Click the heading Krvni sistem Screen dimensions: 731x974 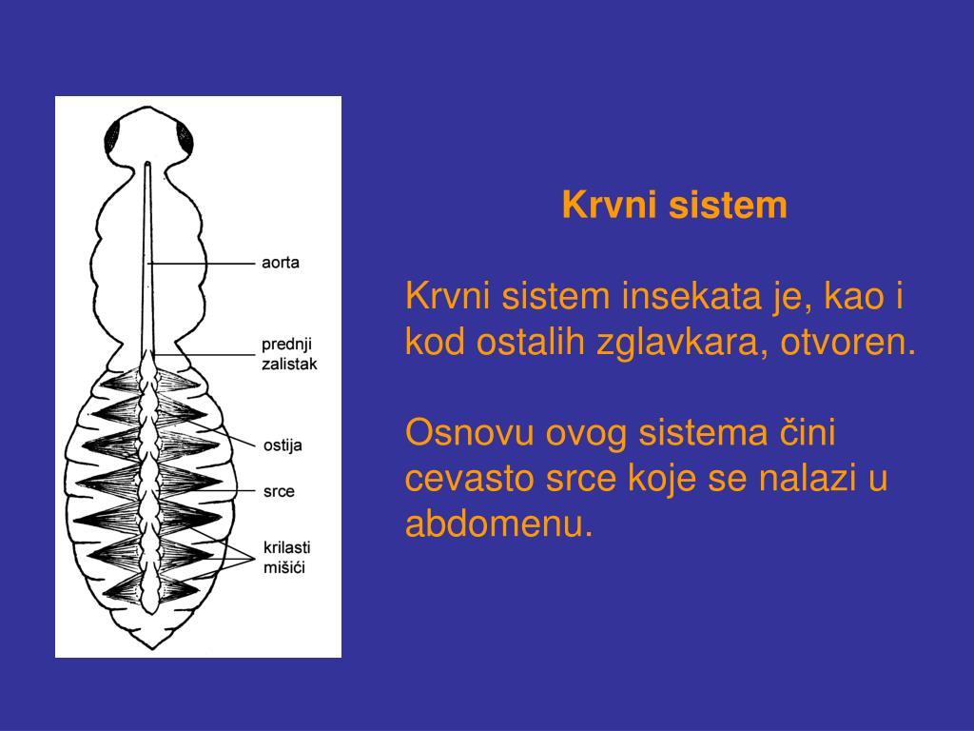click(674, 205)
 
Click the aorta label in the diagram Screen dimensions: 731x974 click(281, 262)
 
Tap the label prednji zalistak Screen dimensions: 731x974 click(289, 353)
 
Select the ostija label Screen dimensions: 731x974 click(282, 445)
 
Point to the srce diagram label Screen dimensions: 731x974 click(279, 491)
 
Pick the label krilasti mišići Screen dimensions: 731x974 click(286, 557)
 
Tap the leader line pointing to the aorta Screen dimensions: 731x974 click(205, 262)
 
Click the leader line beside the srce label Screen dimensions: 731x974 click(214, 491)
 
